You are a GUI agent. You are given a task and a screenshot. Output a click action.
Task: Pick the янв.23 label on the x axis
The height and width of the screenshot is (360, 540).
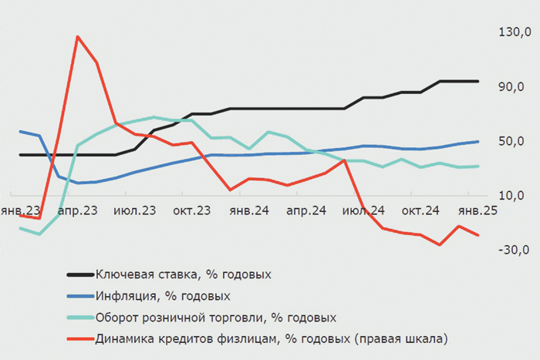point(21,210)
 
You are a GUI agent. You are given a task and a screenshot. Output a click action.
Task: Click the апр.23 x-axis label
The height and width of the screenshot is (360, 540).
point(77,210)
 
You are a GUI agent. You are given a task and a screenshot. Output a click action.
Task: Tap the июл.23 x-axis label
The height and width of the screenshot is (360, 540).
point(134,210)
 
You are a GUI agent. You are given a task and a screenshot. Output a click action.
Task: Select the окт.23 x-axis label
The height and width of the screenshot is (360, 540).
point(192,210)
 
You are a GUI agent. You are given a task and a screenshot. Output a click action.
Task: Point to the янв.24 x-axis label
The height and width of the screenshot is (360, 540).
point(249,210)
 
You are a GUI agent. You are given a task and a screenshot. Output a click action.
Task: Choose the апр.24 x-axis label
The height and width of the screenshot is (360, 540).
point(306,210)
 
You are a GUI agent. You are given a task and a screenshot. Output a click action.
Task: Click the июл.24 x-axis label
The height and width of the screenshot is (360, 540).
point(363,210)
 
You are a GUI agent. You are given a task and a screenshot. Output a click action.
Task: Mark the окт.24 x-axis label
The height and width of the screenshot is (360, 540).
point(420,210)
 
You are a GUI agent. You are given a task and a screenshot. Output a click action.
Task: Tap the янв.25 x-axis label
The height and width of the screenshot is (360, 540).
point(478,210)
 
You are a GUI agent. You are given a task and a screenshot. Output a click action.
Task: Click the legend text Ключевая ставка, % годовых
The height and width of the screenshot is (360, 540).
point(184,274)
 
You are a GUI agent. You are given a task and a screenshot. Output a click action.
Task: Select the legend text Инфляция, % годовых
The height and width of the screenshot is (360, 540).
point(163,295)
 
